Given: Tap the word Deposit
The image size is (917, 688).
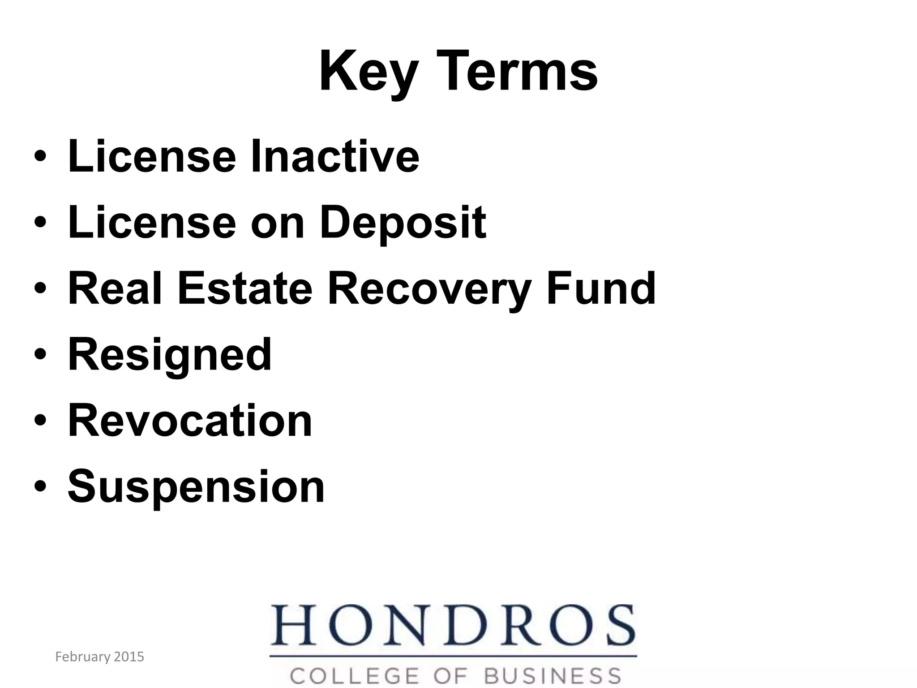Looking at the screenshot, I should point(403,223).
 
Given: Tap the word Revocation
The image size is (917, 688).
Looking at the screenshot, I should point(190,421).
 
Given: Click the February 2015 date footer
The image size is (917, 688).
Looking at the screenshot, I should point(99,657).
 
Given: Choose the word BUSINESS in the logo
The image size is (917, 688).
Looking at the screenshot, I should point(553,676).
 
